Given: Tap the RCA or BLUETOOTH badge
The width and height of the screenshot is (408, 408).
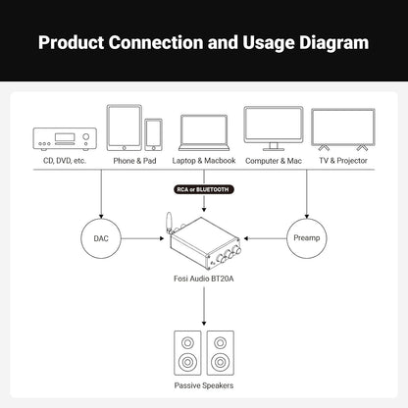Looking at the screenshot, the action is [x=204, y=189].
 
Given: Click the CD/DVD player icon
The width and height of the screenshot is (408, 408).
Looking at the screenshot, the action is [x=65, y=139].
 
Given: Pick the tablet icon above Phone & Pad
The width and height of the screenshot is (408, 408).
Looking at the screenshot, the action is [x=125, y=127].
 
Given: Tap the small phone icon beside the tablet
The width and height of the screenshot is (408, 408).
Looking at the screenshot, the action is [x=153, y=134].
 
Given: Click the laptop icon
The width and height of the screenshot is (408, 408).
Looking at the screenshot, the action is [x=204, y=132].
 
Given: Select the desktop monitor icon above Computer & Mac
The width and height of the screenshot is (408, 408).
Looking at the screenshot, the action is [x=274, y=128].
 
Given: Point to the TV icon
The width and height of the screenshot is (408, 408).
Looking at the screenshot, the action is [x=343, y=129].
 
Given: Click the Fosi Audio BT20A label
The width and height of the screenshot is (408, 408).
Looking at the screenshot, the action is [x=204, y=279].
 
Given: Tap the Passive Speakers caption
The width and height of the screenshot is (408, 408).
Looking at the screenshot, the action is [x=204, y=385].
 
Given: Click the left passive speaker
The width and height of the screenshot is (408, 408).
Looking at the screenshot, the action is [x=187, y=353].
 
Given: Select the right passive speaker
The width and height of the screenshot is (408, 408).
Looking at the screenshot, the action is [x=221, y=353].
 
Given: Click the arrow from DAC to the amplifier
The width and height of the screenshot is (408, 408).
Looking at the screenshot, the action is [x=142, y=238].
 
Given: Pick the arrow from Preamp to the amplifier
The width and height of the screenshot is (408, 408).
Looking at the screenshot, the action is [x=265, y=238].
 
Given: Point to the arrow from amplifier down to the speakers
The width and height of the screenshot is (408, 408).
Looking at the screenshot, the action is [x=204, y=306].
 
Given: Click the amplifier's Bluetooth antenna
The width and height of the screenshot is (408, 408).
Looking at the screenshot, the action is [x=169, y=223].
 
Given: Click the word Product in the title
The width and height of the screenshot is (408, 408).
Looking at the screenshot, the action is [x=71, y=42].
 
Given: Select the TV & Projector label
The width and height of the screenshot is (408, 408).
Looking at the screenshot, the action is [x=343, y=161].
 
